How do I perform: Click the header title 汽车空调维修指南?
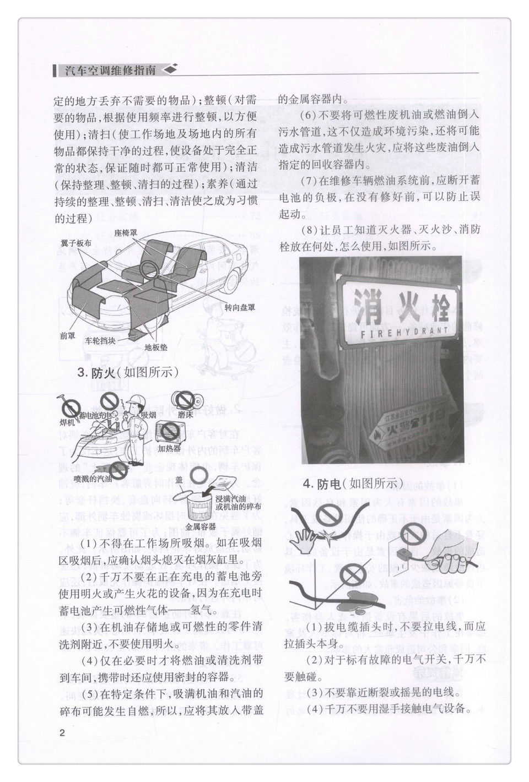click(109, 70)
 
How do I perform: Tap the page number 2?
click(62, 733)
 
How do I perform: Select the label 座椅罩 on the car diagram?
click(126, 233)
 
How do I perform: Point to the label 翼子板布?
click(76, 242)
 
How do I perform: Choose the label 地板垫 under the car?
click(156, 347)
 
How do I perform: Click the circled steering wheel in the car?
click(149, 269)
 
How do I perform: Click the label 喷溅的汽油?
click(93, 479)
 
